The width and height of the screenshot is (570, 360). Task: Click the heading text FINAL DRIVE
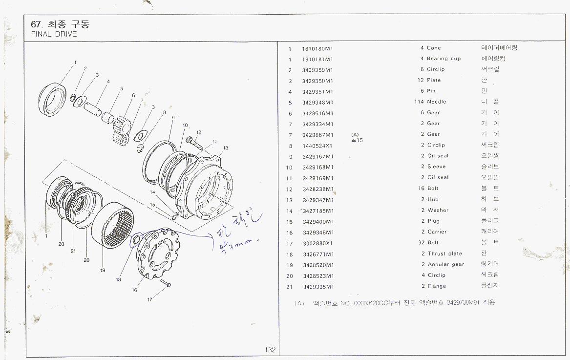(x=54, y=35)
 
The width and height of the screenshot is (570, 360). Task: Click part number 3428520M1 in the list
(x=318, y=265)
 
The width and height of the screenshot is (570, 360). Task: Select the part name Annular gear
(x=445, y=265)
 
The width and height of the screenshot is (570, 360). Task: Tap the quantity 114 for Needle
(x=419, y=102)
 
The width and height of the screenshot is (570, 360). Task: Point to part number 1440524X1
(x=317, y=146)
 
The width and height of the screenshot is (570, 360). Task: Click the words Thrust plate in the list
(x=444, y=254)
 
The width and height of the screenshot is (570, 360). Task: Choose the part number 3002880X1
(x=317, y=243)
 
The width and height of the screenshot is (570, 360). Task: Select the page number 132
(x=270, y=350)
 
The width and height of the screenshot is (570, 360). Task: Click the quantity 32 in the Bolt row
(x=422, y=243)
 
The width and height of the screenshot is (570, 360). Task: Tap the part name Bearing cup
(x=443, y=59)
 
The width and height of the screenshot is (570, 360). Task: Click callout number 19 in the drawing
(x=103, y=269)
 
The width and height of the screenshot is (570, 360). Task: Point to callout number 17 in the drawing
(x=150, y=299)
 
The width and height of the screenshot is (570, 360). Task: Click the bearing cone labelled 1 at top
(x=54, y=100)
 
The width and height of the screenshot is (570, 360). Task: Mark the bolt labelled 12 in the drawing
(x=193, y=143)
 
